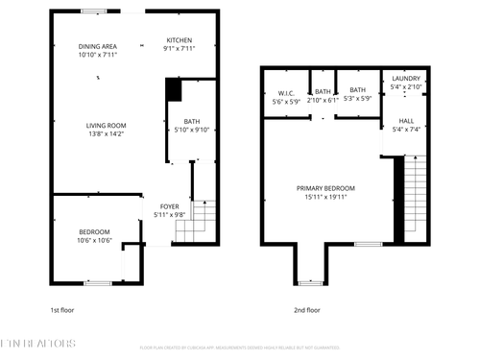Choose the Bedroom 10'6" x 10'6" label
pyautogui.click(x=93, y=235)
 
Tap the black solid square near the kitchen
pyautogui.click(x=173, y=89)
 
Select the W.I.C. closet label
pyautogui.click(x=285, y=96)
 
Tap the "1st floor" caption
pyautogui.click(x=61, y=310)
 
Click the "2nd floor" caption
pyautogui.click(x=306, y=310)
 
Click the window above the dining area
pyautogui.click(x=93, y=12)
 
